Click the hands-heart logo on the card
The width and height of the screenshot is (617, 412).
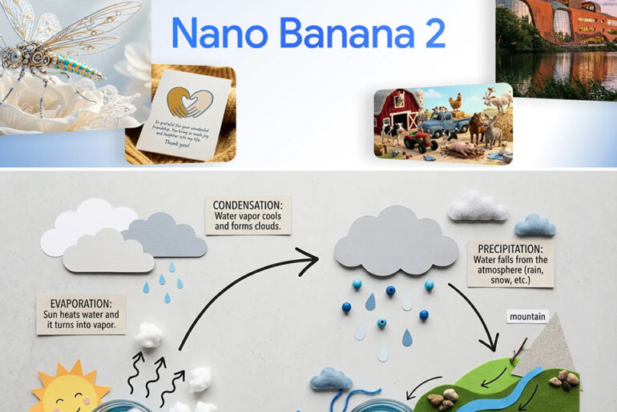[189, 102]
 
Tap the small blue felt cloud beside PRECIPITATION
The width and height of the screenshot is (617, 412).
[534, 226]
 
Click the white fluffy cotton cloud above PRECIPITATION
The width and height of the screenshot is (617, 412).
[478, 206]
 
